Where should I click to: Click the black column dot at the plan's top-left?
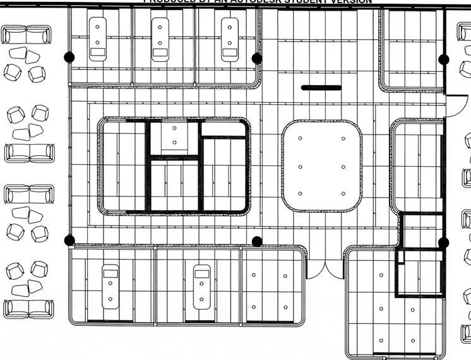pos(69,57)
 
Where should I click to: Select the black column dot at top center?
pos(256,58)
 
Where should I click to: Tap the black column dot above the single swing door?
pos(443,59)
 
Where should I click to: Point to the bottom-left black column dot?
pos(69,240)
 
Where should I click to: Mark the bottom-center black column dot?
pos(256,241)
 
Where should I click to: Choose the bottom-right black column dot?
pos(443,242)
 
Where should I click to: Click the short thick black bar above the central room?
pos(321,88)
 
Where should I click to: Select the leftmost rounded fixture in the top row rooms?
pos(98,39)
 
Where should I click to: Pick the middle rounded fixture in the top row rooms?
pos(160,39)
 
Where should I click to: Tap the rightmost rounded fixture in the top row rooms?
pos(229,39)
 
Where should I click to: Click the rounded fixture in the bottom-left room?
pos(110,287)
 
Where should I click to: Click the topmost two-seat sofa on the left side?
pos(28,34)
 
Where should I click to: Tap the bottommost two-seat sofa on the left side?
pos(28,309)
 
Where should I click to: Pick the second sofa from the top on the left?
pos(28,152)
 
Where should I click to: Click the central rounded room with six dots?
pos(322,166)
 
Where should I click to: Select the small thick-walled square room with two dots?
pos(174,137)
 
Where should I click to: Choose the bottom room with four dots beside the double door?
pos(270,291)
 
